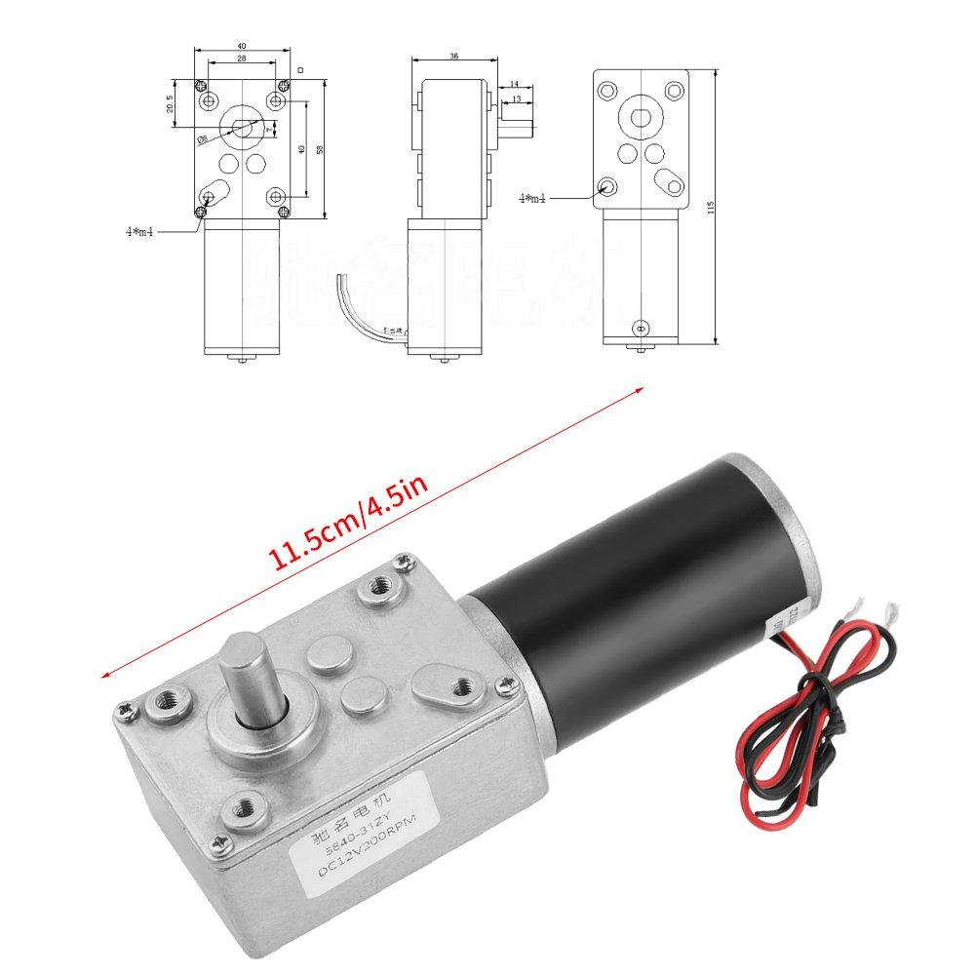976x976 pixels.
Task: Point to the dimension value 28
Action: click(x=241, y=59)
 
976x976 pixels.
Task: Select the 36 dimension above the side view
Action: click(x=453, y=57)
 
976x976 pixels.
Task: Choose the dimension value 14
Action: click(x=514, y=87)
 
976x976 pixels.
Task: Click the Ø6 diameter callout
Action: click(x=203, y=139)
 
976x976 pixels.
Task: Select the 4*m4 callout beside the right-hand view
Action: click(x=532, y=198)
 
